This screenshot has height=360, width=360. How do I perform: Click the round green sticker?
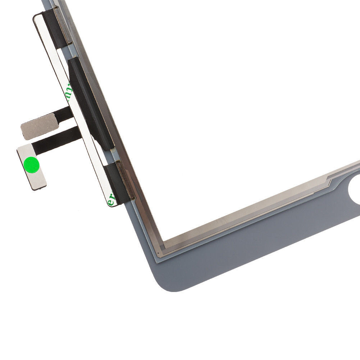tap(31, 164)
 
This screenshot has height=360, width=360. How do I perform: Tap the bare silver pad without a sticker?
tap(39, 126)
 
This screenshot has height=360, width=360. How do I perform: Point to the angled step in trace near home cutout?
tap(329, 179)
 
